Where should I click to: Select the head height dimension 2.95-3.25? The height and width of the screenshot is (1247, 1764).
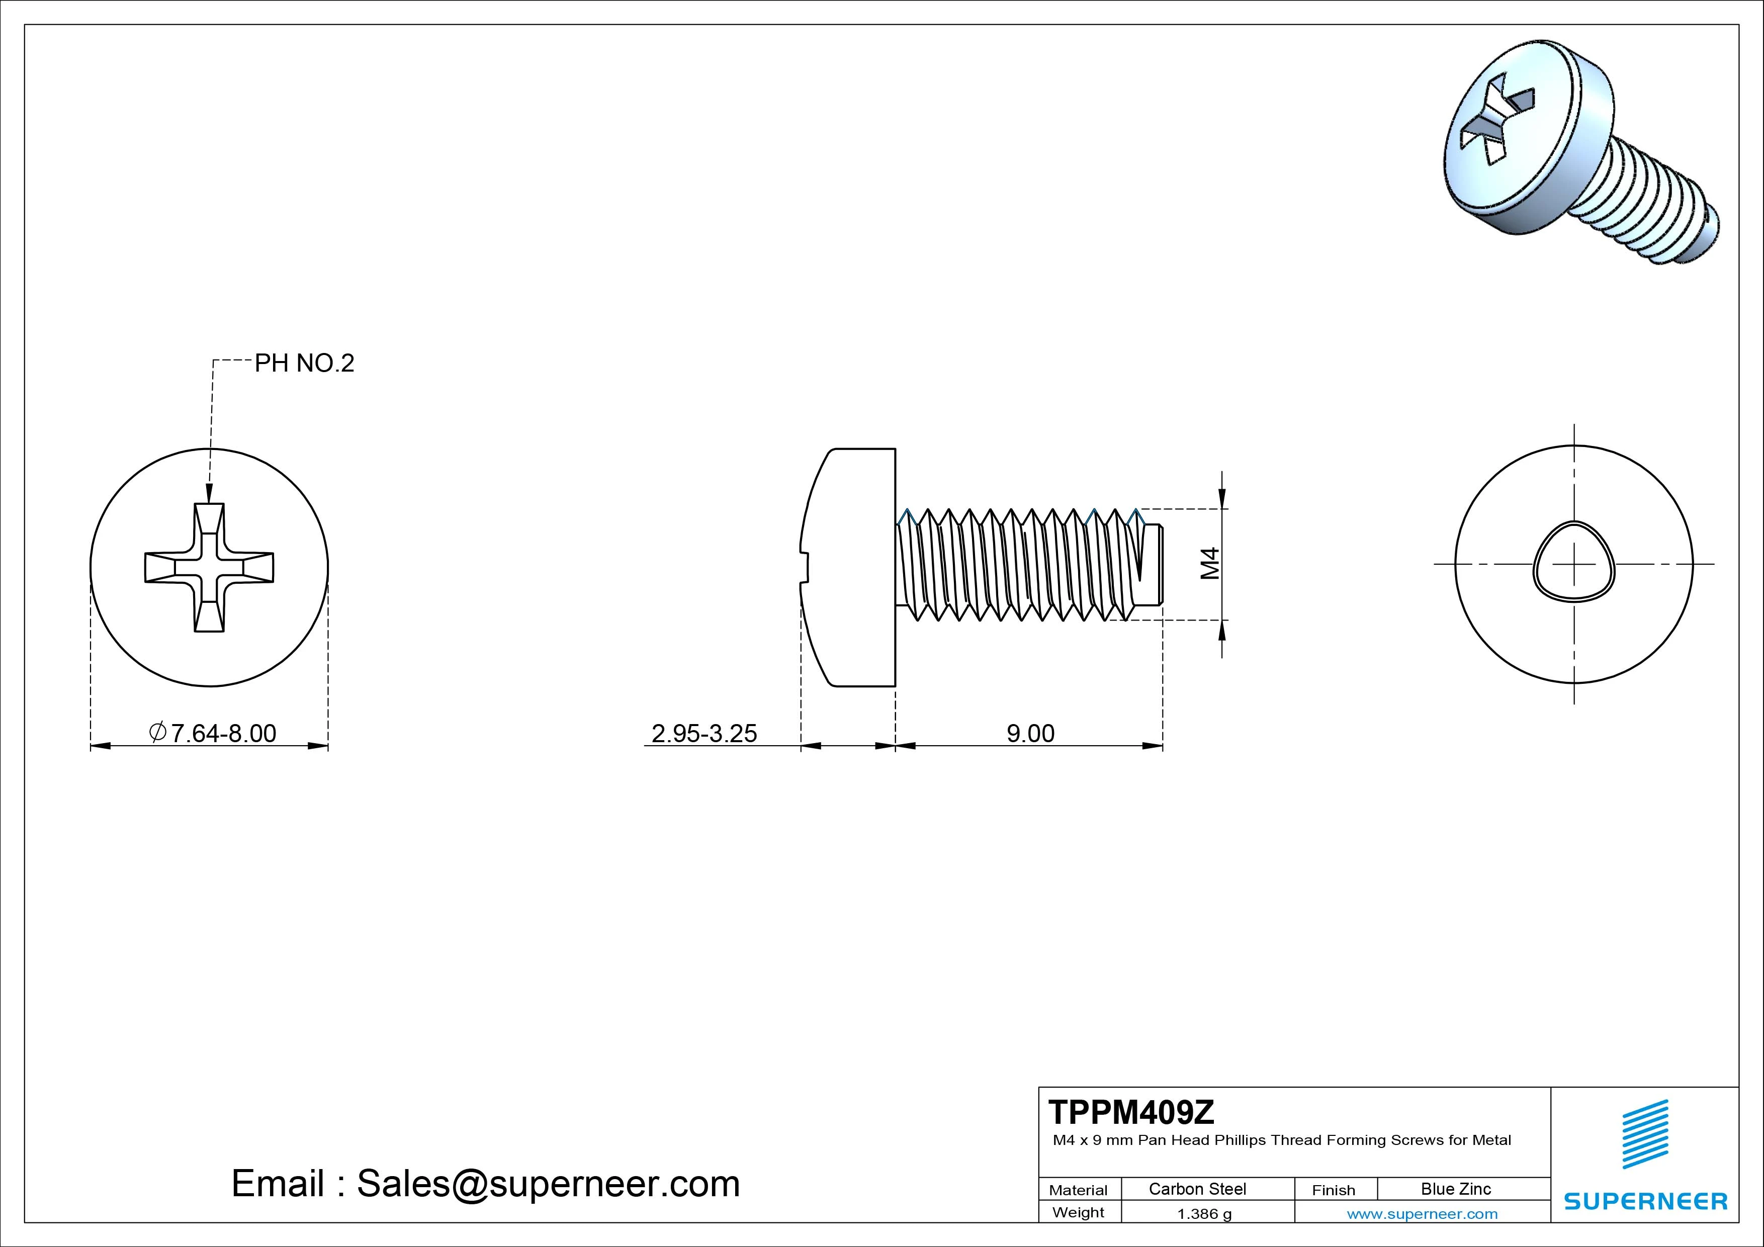click(x=704, y=733)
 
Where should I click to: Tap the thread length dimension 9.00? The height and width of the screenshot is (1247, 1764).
click(x=1030, y=733)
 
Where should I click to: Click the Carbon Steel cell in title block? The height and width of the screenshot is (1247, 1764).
click(x=1197, y=1189)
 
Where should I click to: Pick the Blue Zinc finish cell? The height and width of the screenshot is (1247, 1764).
click(x=1455, y=1189)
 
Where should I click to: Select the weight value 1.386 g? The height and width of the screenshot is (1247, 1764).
click(x=1204, y=1214)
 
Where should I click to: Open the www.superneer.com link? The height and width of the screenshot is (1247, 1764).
click(x=1422, y=1214)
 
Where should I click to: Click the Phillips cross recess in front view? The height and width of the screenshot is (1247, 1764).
click(x=209, y=568)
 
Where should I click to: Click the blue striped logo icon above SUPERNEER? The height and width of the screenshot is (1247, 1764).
click(x=1645, y=1133)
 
